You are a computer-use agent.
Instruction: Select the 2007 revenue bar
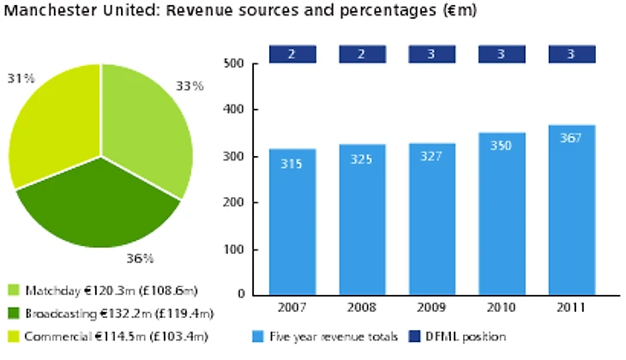tap(292, 223)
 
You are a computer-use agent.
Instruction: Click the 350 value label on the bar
tap(502, 146)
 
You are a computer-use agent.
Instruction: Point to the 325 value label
tap(362, 160)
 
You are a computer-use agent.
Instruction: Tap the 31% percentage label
tap(21, 78)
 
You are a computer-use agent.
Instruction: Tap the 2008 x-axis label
tap(362, 307)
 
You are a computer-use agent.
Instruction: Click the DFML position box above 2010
tap(502, 54)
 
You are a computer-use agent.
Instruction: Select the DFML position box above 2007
tap(292, 54)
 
